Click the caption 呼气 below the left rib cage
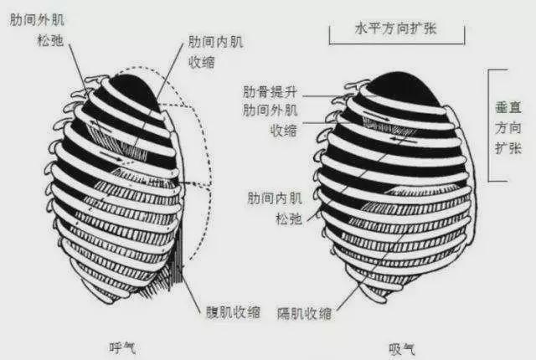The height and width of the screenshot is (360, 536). (121, 346)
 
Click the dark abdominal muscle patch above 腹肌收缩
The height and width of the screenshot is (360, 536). (178, 272)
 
